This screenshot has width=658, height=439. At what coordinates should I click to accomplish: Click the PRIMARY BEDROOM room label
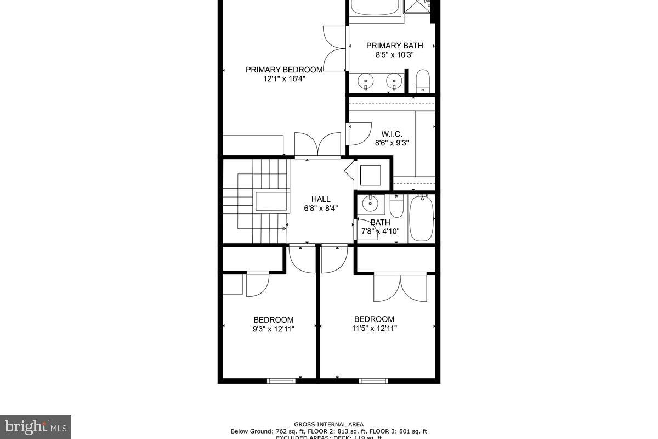pos(283,70)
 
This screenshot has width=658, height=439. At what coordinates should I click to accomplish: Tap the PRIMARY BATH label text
pos(394,46)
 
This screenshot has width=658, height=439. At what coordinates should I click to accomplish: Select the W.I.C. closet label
pos(392,134)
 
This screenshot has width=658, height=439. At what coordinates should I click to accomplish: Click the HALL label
pos(321,199)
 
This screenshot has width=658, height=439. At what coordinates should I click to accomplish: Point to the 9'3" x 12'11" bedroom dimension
pos(274,329)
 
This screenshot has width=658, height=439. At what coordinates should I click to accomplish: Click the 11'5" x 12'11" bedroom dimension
pos(374,328)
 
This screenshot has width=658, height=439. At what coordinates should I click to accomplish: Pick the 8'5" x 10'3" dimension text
pos(394,55)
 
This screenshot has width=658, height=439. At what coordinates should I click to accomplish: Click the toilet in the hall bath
pos(396,207)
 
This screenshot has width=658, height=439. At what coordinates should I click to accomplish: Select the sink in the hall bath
pos(371,204)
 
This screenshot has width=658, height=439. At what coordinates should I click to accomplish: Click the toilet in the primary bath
pos(422,82)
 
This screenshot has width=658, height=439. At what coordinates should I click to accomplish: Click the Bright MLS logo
pos(36,426)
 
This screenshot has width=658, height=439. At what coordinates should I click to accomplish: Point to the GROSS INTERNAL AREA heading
pos(328,424)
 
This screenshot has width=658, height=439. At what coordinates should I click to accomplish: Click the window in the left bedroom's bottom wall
pos(281,380)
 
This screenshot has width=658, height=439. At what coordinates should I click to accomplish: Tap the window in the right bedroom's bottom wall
pos(373,380)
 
